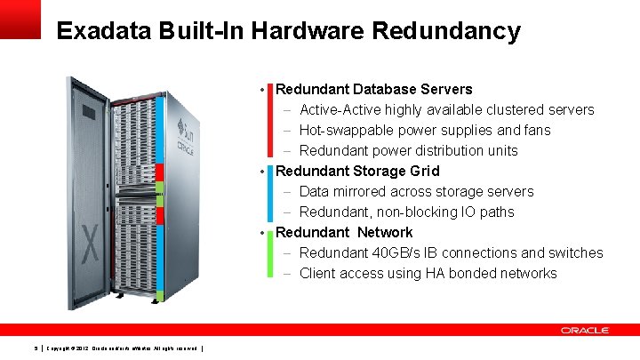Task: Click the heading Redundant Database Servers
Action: [x=374, y=89]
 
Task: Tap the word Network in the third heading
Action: [x=385, y=232]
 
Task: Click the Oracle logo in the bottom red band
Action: [x=584, y=330]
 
